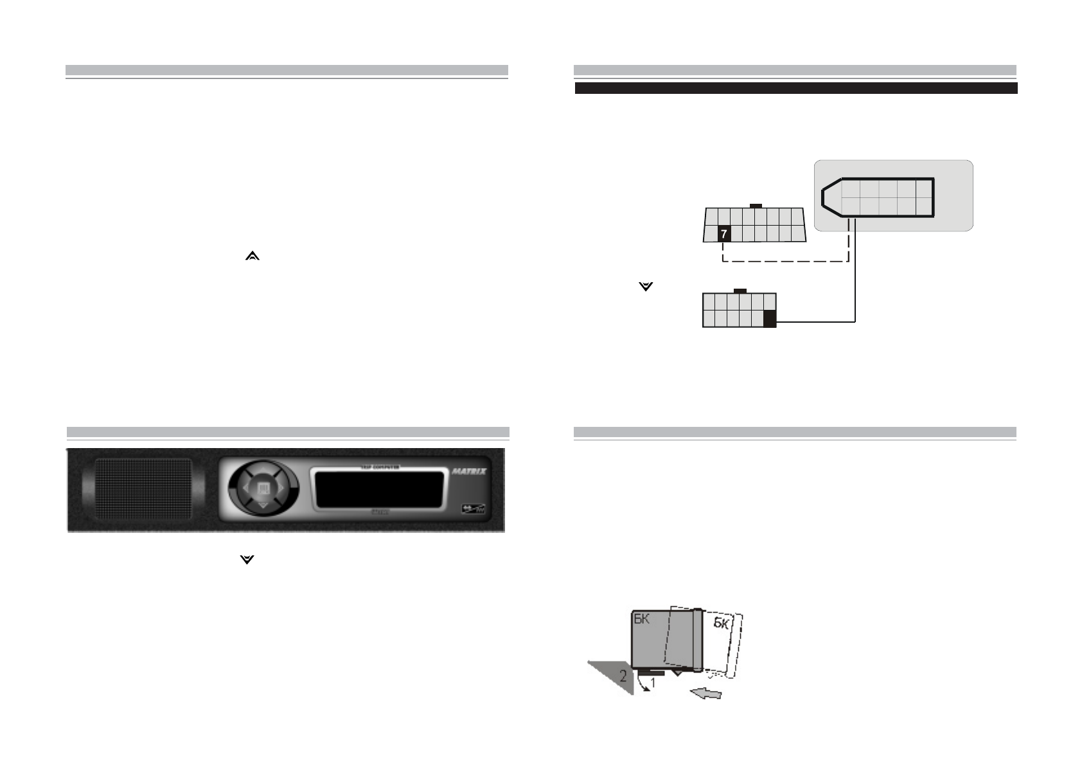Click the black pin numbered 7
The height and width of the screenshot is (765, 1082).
click(724, 234)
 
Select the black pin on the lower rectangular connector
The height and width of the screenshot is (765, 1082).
click(769, 319)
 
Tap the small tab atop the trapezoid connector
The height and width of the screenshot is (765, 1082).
click(756, 206)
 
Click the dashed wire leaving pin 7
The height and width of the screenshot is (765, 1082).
click(784, 262)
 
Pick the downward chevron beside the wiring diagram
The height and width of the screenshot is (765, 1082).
click(646, 287)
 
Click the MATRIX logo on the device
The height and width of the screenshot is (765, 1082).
click(470, 471)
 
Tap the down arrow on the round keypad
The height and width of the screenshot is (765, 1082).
click(263, 507)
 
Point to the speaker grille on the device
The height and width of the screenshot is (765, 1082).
click(143, 490)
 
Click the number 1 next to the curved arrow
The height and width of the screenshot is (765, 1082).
click(652, 683)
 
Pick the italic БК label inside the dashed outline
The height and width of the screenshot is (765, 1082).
click(722, 624)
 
